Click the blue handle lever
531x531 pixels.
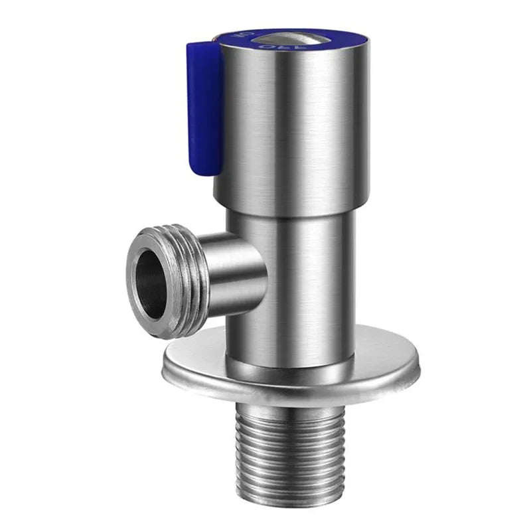pos(204,106)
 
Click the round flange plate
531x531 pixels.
pos(292,372)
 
